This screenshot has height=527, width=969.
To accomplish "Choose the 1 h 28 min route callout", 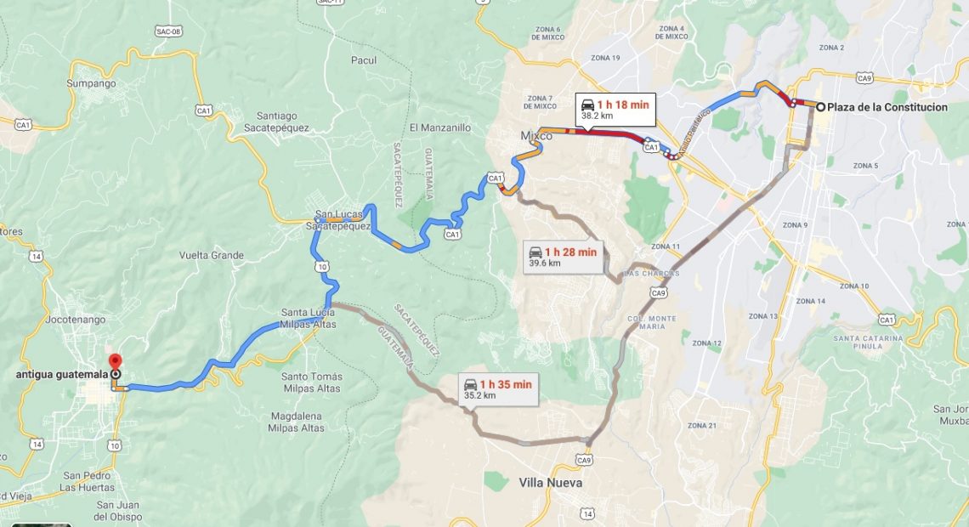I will pyautogui.click(x=564, y=257).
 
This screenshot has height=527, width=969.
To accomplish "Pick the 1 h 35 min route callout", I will pyautogui.click(x=498, y=388).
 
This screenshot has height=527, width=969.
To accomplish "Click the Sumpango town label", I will pyautogui.click(x=91, y=83).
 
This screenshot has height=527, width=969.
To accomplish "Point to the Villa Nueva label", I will pyautogui.click(x=551, y=483).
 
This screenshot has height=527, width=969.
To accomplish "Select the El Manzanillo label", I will pyautogui.click(x=439, y=127).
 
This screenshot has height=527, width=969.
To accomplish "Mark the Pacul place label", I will pyautogui.click(x=364, y=60).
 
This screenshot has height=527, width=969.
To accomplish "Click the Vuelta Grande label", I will pyautogui.click(x=211, y=255).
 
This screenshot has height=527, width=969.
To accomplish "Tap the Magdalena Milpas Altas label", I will pyautogui.click(x=296, y=422).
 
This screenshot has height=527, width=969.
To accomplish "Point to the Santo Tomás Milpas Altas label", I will pyautogui.click(x=311, y=382).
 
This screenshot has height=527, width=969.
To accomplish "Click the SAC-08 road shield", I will pyautogui.click(x=168, y=31).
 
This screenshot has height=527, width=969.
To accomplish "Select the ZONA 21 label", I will pyautogui.click(x=702, y=425).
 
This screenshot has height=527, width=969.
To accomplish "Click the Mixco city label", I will pyautogui.click(x=536, y=136).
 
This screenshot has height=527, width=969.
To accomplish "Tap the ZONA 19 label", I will pyautogui.click(x=604, y=58).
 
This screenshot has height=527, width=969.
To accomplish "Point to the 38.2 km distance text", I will pyautogui.click(x=598, y=116).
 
